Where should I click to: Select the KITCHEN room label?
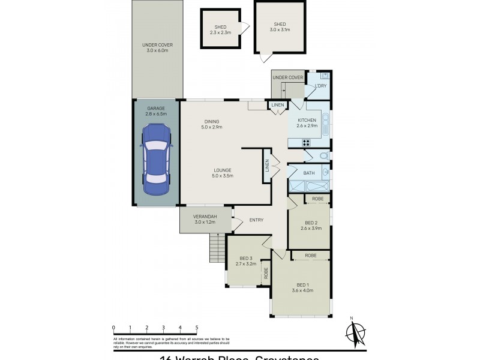(307, 121)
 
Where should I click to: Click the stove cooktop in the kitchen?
(306, 143)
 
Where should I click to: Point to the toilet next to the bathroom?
(323, 155)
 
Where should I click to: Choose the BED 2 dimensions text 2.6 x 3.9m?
(310, 229)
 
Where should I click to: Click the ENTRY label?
(256, 220)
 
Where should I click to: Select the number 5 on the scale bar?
(197, 327)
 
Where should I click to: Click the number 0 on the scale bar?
(113, 327)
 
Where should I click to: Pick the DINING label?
(211, 122)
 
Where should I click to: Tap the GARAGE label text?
(155, 109)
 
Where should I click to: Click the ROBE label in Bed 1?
(310, 256)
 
